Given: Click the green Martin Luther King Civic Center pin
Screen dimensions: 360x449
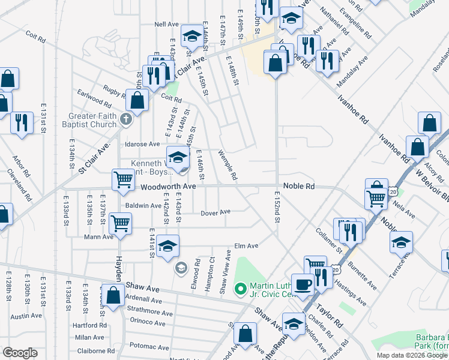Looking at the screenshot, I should [x=241, y=289].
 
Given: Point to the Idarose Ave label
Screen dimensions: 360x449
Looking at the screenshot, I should [x=142, y=144].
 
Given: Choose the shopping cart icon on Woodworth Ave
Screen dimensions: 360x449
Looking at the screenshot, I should [x=123, y=179].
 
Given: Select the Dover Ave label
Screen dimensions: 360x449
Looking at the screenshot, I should [x=215, y=212].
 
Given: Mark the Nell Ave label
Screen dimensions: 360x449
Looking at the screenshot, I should [x=166, y=24].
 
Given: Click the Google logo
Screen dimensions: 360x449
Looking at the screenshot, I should [x=20, y=352].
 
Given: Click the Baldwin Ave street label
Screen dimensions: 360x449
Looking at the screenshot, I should [x=143, y=205].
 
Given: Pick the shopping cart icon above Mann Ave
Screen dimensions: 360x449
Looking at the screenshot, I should [x=121, y=223].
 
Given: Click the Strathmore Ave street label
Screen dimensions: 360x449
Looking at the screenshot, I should [x=150, y=312].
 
